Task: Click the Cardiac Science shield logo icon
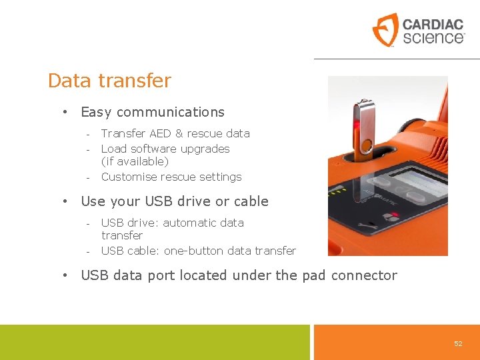tap(385, 30)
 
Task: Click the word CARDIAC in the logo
tap(433, 24)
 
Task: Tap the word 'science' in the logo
tap(432, 37)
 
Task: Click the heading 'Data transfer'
tap(109, 81)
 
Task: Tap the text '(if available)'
tap(135, 161)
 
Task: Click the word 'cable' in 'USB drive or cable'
tap(251, 201)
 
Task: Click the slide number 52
tap(458, 343)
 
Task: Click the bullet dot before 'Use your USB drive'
tap(65, 201)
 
